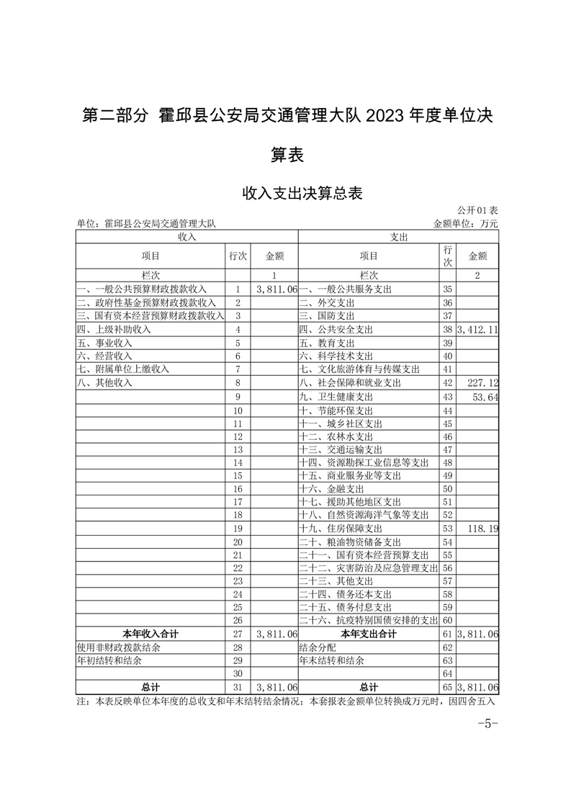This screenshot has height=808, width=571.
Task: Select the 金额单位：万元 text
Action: (465, 224)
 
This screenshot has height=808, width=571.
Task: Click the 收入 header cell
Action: (186, 236)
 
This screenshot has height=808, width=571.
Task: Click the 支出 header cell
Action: (399, 236)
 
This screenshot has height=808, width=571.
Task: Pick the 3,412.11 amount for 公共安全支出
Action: (477, 329)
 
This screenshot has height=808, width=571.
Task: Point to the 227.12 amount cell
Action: (483, 383)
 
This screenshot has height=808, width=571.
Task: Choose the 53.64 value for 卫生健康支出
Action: (486, 397)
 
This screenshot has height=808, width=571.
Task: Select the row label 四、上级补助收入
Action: (114, 329)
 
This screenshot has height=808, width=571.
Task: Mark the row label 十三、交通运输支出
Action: (336, 449)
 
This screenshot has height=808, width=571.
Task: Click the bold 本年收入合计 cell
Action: (150, 634)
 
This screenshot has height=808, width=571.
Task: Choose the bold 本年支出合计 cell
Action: (368, 634)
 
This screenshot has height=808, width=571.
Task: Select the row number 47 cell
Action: (447, 449)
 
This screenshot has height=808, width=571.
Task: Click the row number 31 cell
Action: (238, 687)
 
